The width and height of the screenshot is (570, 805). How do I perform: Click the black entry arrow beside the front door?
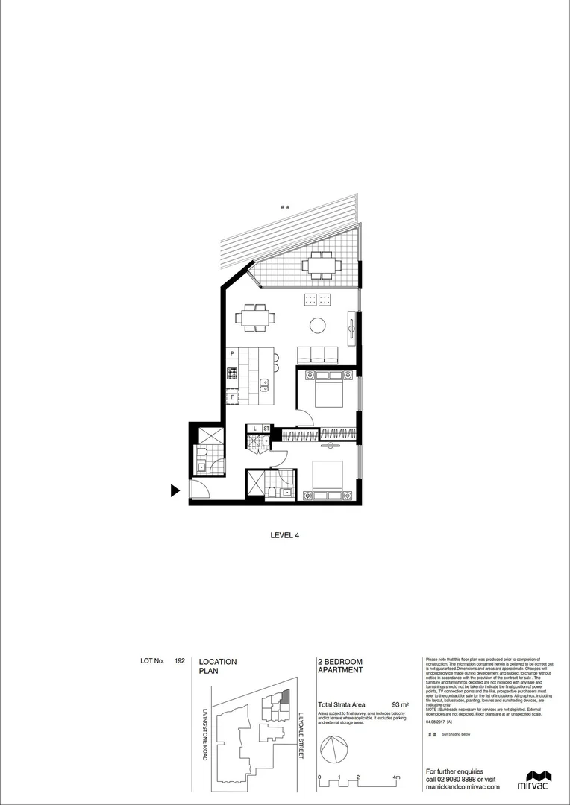[x=176, y=490]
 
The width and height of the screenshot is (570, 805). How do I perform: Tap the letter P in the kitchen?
[x=233, y=353]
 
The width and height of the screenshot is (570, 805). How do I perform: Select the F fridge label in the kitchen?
[x=233, y=397]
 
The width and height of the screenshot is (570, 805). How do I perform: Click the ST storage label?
[x=266, y=429]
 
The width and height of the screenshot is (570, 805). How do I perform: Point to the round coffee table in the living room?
[x=318, y=325]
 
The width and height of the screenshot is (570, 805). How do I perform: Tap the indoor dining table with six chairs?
[x=255, y=318]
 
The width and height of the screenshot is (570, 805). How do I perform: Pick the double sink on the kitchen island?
[x=264, y=385]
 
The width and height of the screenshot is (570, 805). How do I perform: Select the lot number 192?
[x=180, y=661]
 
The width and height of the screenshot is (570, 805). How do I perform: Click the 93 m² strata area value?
[x=400, y=704]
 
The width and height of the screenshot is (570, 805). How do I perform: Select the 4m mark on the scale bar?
[x=396, y=777]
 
